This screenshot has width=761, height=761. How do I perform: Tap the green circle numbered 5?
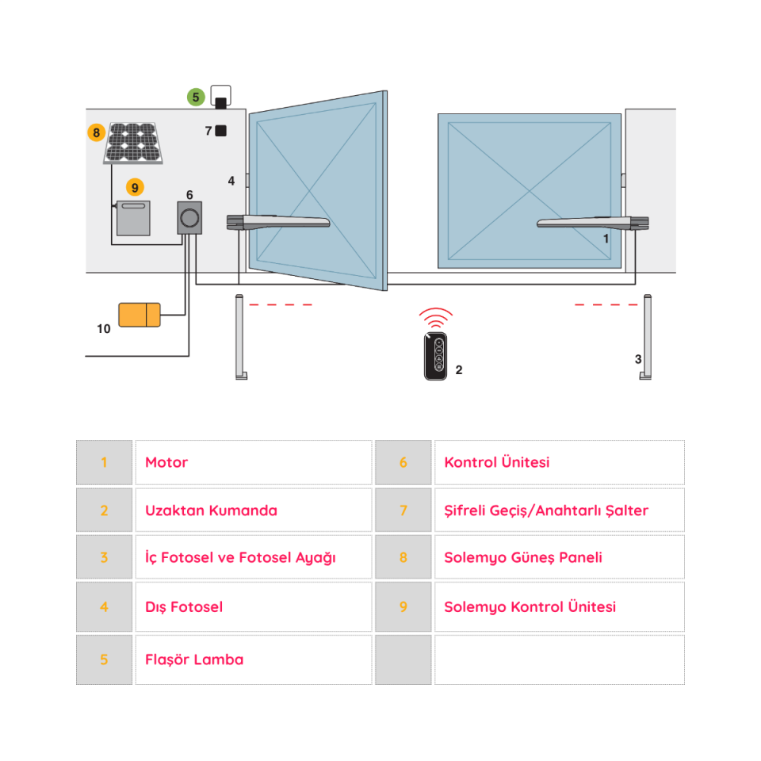(196, 98)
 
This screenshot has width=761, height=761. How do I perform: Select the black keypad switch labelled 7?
(221, 131)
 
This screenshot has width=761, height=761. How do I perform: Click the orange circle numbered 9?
(135, 187)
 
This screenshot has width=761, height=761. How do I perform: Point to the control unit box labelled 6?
(189, 217)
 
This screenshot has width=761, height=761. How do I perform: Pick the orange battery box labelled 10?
(139, 315)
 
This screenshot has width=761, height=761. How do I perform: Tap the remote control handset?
(435, 358)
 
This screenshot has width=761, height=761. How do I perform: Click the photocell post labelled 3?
(648, 337)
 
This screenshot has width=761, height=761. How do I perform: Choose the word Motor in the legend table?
(166, 463)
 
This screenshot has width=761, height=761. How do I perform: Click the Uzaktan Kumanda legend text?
(211, 511)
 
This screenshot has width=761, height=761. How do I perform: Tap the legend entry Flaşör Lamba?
(194, 660)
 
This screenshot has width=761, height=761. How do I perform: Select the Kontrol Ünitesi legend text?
(496, 463)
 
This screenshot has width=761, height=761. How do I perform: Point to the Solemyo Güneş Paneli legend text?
(522, 557)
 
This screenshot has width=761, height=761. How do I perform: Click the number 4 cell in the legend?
(104, 607)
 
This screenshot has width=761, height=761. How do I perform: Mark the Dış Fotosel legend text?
(184, 607)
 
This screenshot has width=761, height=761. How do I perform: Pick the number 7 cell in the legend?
(403, 511)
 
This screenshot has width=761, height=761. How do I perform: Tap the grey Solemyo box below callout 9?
(133, 218)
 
